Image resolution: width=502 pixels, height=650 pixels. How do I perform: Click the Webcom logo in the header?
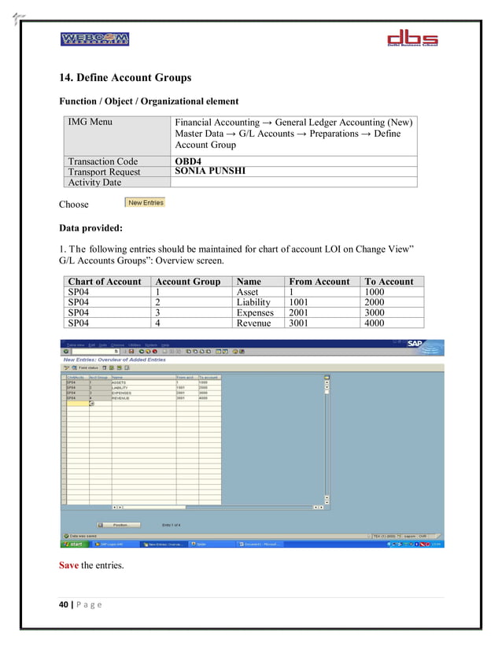coord(94,39)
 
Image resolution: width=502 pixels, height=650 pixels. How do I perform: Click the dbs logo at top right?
coord(419,39)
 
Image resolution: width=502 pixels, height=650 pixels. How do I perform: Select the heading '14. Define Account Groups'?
coord(125,78)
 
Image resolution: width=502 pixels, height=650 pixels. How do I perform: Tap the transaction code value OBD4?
coord(189,161)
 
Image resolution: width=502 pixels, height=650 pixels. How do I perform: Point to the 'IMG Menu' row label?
coord(90,122)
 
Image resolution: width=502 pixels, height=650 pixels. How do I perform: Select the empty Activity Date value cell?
coord(293,182)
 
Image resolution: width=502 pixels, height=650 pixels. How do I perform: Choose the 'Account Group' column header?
coord(188,281)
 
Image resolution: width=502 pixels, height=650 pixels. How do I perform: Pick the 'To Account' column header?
coord(388,281)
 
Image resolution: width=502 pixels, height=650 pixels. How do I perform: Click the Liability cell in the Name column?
coord(253,301)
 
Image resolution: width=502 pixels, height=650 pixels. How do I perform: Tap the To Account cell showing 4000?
coord(375,323)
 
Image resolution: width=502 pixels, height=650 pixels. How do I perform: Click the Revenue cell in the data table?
coord(253,323)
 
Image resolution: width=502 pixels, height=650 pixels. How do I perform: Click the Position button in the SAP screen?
coord(120,524)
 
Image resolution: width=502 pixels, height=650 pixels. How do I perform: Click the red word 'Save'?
coord(69,565)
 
